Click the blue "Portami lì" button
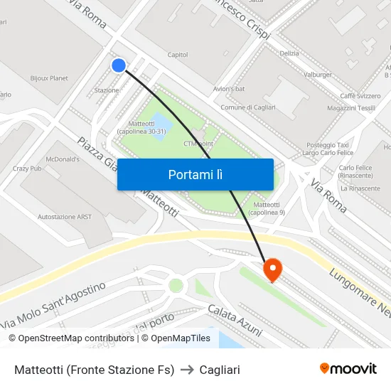(195, 174)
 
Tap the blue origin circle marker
(119, 65)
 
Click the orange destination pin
(272, 270)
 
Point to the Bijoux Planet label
(49, 78)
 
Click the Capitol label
(177, 55)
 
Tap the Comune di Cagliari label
(248, 107)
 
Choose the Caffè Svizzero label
(359, 95)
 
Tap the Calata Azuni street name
(235, 321)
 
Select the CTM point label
(198, 143)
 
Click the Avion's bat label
(229, 89)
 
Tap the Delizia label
(289, 53)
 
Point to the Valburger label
(318, 75)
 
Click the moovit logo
(348, 369)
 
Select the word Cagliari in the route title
(220, 370)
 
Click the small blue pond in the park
(161, 123)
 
